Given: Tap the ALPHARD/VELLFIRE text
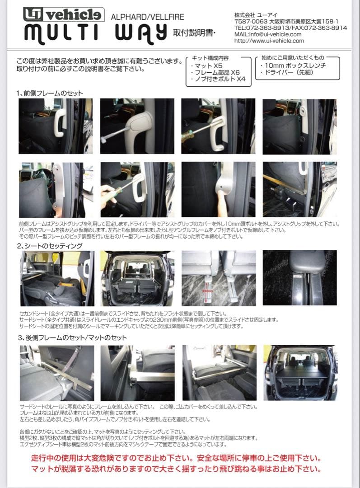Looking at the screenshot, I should click(148, 17).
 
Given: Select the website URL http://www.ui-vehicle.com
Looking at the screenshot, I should click(269, 41).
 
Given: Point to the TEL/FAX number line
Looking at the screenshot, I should click(290, 28).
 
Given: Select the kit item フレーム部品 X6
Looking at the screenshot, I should click(215, 73).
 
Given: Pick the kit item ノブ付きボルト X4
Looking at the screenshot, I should click(218, 80).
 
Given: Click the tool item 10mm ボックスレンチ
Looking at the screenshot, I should click(293, 66).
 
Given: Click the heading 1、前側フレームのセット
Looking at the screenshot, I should click(50, 93).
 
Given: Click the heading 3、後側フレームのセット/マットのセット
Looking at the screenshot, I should click(72, 338).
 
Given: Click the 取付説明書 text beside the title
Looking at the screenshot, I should click(188, 33).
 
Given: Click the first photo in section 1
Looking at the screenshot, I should click(56, 126).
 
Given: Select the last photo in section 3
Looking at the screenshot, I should click(299, 373).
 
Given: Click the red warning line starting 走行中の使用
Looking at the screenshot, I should click(176, 458).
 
